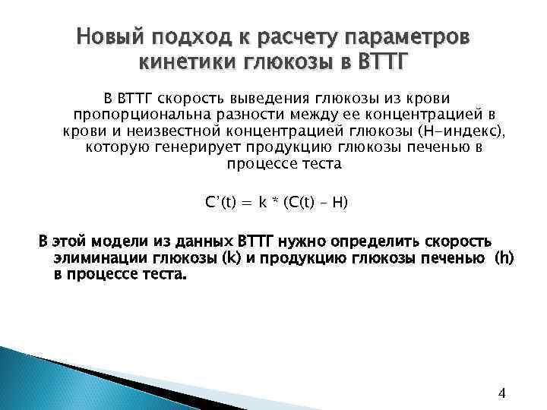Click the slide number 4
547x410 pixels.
501,393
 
